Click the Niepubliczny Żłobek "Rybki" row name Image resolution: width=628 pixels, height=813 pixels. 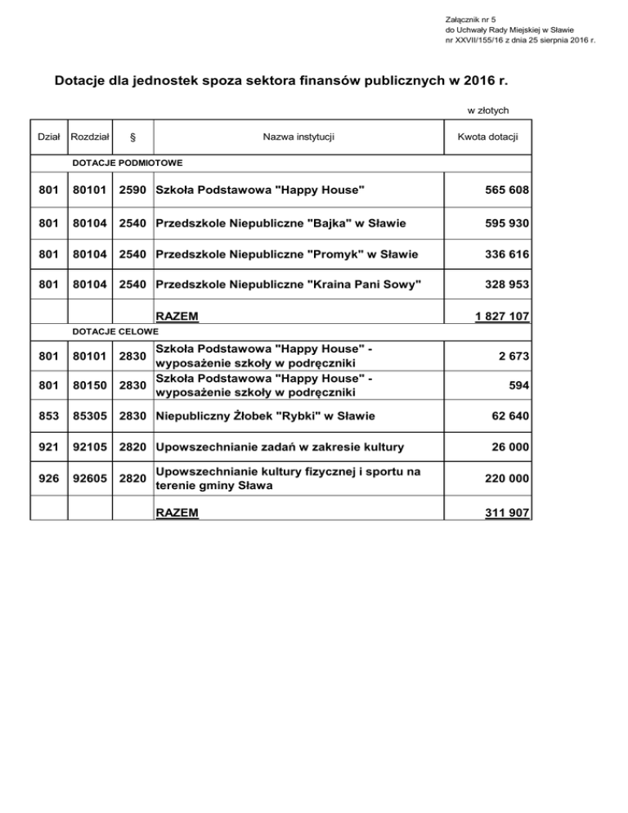pyautogui.click(x=265, y=416)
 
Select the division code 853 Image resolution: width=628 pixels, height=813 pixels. pyautogui.click(x=49, y=416)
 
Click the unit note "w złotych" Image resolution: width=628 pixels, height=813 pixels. pyautogui.click(x=488, y=109)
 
